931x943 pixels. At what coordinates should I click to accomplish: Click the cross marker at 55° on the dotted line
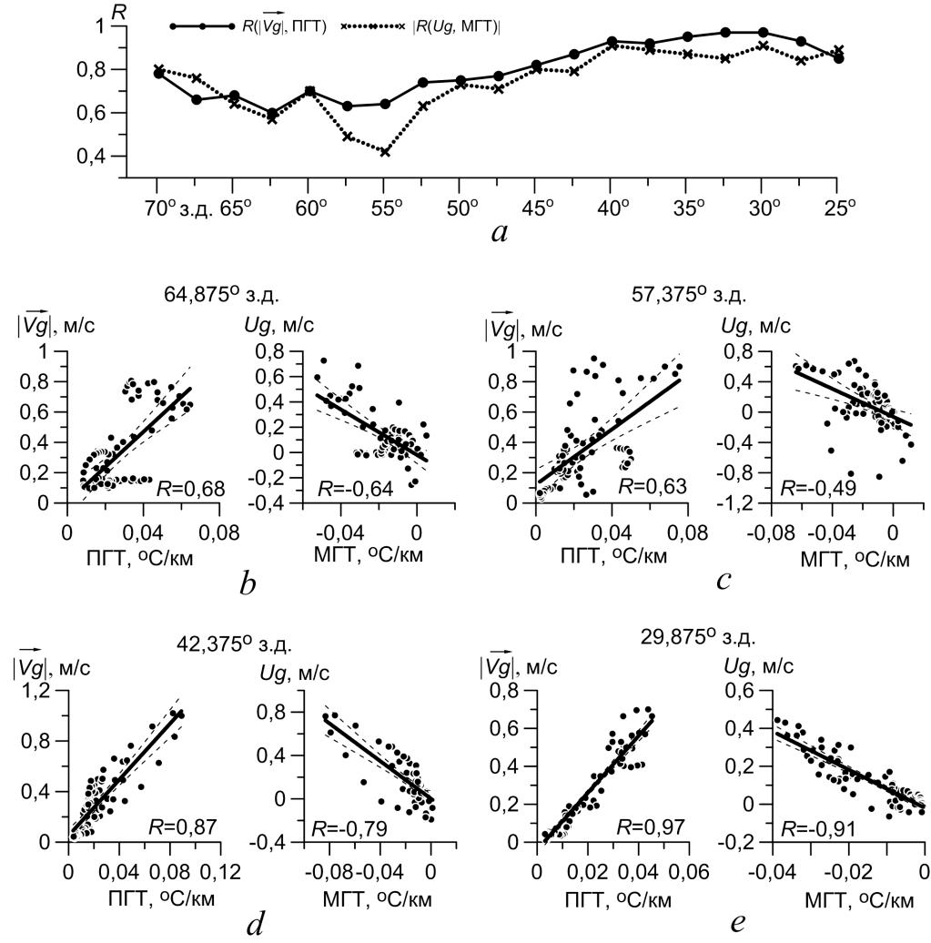click(x=385, y=152)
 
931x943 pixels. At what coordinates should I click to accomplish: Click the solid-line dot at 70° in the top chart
click(x=158, y=73)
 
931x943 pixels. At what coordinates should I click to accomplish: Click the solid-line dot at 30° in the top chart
click(x=763, y=33)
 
